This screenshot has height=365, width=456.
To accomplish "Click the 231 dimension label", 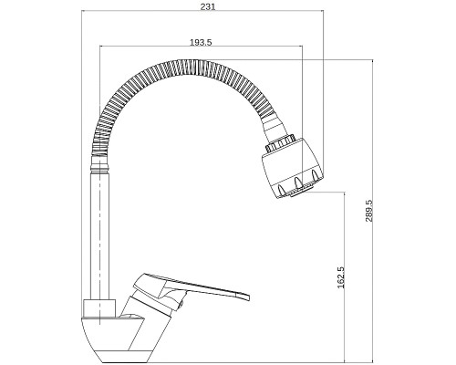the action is [208, 6].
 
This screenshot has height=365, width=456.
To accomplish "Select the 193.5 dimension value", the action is [201, 42].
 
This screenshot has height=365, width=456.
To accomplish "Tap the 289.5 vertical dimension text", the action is [369, 211].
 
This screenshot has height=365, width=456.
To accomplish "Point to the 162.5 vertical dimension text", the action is [340, 277].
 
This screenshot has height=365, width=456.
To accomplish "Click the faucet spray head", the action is [294, 168].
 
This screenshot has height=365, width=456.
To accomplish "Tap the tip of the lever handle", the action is [249, 297].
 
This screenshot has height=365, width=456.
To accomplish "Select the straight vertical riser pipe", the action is [99, 235].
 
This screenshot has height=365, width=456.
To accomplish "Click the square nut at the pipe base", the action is [99, 308].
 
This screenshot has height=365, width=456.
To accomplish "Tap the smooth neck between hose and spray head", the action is [274, 128].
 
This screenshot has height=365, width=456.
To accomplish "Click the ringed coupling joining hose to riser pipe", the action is [100, 162].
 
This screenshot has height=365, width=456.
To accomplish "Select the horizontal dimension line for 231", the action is [202, 10].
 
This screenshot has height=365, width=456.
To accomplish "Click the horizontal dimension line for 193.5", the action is [202, 47].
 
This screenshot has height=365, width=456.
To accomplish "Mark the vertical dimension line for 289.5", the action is [373, 212].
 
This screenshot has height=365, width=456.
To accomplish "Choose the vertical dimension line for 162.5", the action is [344, 277].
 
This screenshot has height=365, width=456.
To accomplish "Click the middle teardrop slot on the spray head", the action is [298, 182].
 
